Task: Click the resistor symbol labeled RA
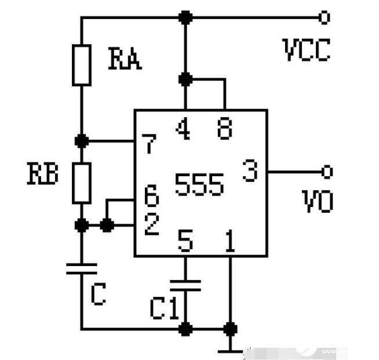82,66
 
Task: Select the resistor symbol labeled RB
82,183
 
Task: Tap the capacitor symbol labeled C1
185,285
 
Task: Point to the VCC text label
307,50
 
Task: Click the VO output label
318,201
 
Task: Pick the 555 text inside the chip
199,185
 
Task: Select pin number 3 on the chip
250,170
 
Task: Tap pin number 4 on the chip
183,128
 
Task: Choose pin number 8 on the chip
225,129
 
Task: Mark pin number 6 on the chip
152,196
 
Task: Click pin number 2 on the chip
152,224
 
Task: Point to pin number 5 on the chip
185,241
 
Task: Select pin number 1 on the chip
230,241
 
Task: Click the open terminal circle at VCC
325,17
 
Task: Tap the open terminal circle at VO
327,172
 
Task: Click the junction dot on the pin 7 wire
82,141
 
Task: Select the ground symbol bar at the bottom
230,351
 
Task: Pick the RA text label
125,59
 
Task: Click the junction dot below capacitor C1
185,329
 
